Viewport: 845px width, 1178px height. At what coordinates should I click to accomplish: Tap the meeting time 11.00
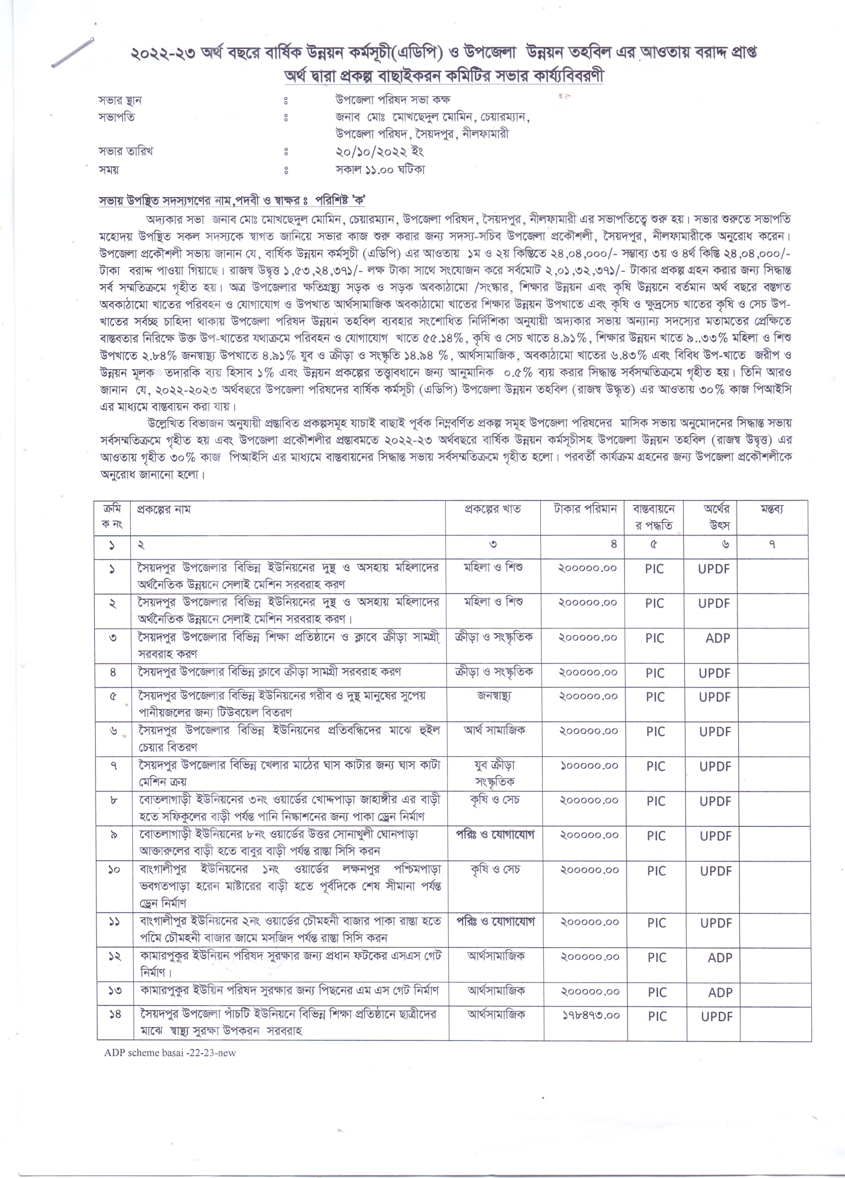(381, 170)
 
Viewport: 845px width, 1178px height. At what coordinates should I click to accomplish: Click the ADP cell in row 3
(717, 638)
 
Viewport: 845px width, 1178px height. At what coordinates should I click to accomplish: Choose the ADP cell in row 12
(719, 957)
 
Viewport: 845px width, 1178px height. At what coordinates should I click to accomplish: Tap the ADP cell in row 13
(720, 992)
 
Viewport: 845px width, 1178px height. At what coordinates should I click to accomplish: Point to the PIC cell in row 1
(654, 569)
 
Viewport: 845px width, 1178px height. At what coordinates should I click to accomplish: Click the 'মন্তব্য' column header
(772, 510)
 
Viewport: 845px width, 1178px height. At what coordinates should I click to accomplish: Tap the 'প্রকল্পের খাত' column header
(492, 510)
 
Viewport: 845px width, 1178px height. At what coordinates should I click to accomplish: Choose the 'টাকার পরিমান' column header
(585, 509)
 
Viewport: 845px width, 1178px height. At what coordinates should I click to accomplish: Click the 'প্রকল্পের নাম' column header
(163, 510)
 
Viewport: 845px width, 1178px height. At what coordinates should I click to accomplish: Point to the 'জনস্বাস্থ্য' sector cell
(493, 695)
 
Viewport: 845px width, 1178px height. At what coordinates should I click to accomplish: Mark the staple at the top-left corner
(73, 52)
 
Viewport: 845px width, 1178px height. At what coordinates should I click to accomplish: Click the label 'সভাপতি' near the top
(117, 118)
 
